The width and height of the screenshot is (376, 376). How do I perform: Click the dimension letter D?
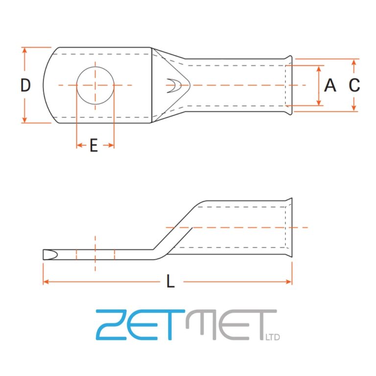point(25,85)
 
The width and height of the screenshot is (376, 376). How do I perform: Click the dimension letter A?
point(330,85)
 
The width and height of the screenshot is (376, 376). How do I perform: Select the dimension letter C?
point(354,85)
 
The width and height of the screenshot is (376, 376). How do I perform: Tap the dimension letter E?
point(94,145)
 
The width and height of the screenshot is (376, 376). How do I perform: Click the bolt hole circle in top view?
point(95,85)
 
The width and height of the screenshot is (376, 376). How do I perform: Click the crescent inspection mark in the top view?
point(172,86)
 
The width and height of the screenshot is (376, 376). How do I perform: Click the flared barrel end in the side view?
point(289,228)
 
